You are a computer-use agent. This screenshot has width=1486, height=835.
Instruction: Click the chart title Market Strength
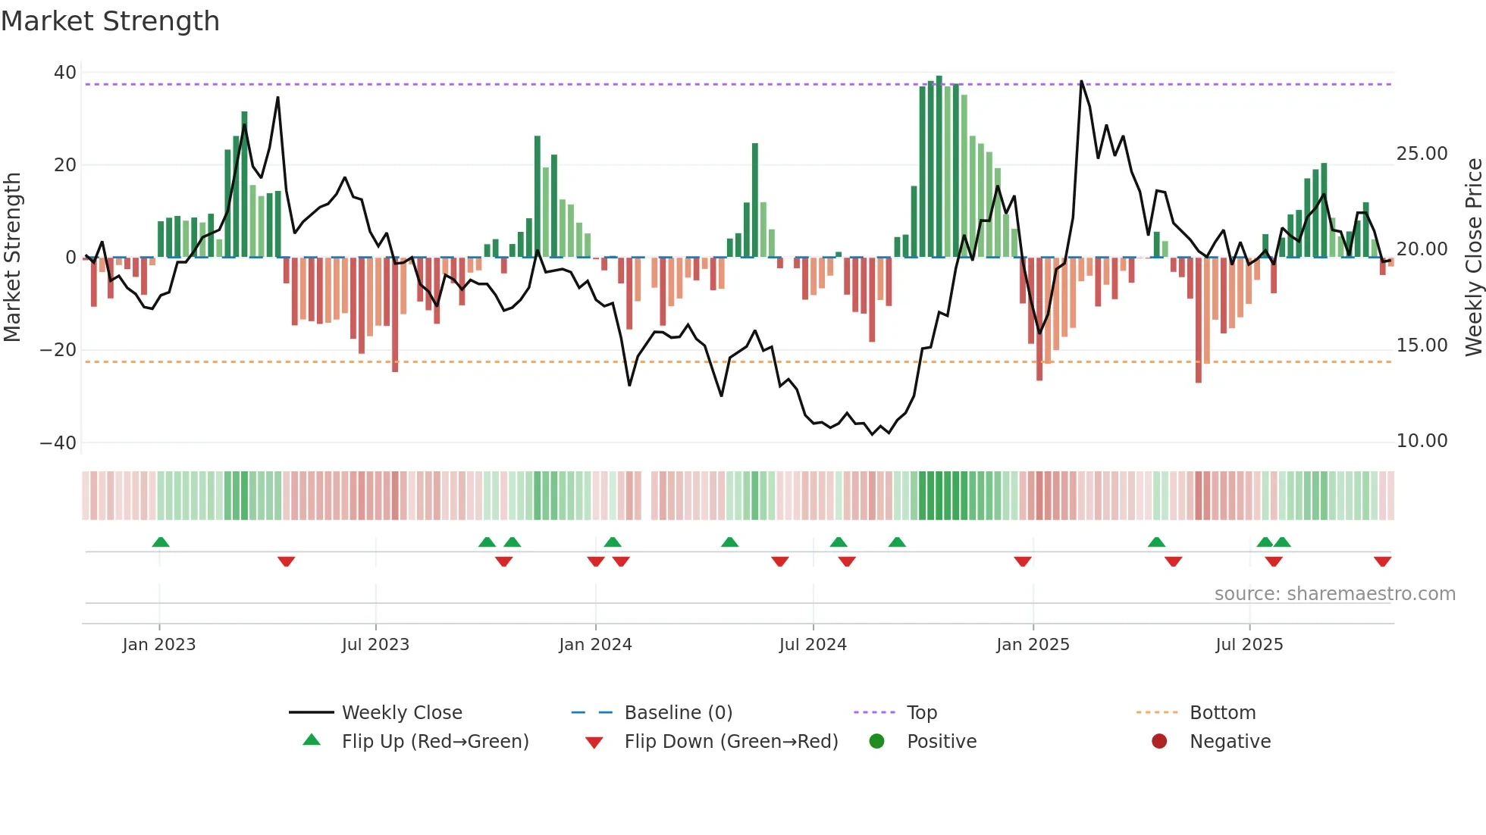(110, 21)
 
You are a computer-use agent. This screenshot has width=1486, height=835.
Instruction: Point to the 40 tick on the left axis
(65, 73)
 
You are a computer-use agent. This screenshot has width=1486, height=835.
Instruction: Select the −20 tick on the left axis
(58, 350)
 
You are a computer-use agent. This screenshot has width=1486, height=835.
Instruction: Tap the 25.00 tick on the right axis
(1422, 154)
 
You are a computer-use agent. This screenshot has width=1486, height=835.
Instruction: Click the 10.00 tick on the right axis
(1422, 441)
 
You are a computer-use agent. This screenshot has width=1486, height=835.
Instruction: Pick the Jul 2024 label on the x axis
(813, 645)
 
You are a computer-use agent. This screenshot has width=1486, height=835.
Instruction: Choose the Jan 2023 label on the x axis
(159, 645)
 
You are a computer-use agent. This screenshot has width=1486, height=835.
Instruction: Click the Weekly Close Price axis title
(1473, 258)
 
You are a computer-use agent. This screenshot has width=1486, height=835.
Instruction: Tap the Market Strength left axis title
(12, 258)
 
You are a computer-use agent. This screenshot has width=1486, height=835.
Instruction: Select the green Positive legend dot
(876, 741)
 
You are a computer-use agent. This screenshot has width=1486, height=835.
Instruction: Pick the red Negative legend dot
(1159, 741)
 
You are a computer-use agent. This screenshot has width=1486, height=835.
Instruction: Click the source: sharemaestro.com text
(1334, 594)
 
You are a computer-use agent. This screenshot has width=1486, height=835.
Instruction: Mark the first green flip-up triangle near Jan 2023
(161, 543)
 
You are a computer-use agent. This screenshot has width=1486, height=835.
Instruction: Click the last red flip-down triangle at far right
(1382, 561)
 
